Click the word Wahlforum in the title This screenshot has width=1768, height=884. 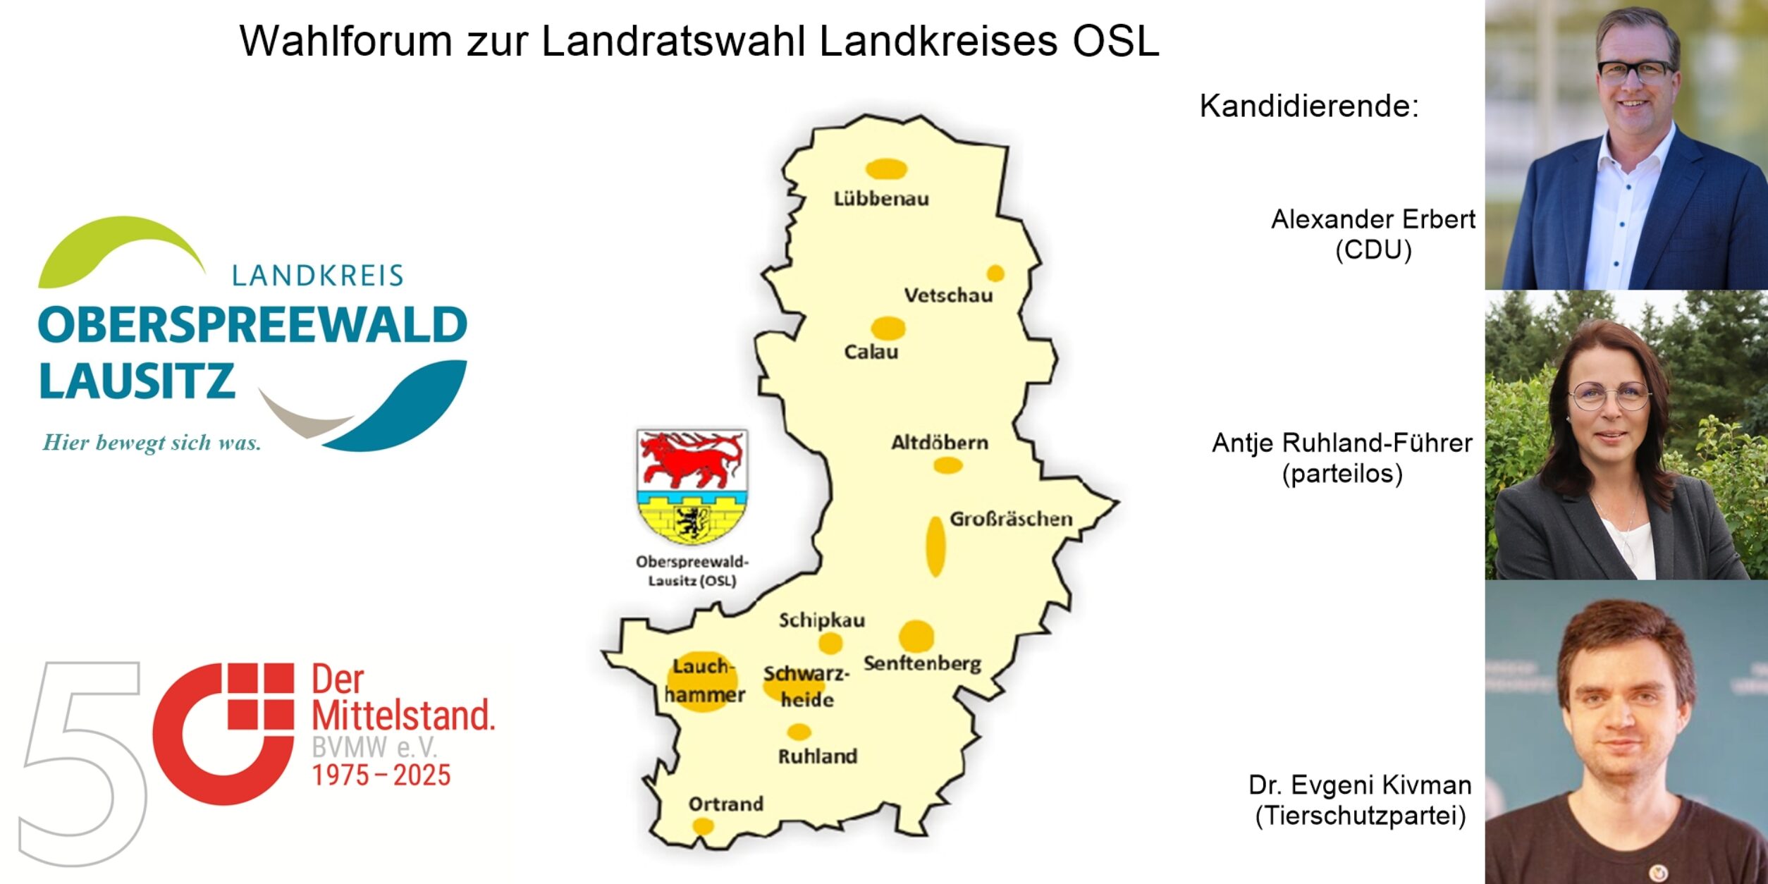345,41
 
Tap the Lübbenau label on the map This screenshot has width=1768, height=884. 881,199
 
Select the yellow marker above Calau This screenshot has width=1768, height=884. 888,328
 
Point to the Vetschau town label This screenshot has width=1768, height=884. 948,295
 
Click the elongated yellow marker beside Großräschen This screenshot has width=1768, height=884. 935,546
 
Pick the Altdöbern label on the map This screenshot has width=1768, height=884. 940,443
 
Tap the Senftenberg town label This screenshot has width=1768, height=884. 922,663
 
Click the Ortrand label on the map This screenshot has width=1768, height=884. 725,804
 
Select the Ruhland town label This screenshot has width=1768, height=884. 818,756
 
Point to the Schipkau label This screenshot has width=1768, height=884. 821,620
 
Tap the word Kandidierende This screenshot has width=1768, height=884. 1309,106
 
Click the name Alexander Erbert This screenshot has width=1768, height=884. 1373,220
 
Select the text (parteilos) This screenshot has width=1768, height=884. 1342,474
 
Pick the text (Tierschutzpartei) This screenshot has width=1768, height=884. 1361,816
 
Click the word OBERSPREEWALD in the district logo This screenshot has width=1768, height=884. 252,326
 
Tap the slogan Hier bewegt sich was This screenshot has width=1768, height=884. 152,443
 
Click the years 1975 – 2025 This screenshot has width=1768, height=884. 381,776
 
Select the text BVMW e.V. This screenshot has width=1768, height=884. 374,747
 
